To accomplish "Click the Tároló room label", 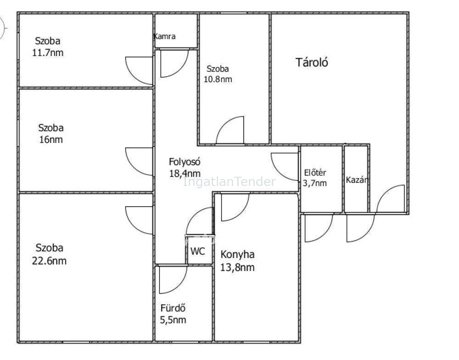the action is (312, 62).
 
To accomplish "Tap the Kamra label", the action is (165, 36).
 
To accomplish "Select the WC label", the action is (197, 251).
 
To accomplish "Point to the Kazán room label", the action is (357, 180).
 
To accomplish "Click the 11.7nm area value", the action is (48, 53).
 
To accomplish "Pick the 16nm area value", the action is (51, 140).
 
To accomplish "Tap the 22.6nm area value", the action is (49, 261).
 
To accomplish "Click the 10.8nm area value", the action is (218, 79).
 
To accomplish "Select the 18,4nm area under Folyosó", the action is (185, 174).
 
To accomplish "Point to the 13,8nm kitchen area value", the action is (237, 267).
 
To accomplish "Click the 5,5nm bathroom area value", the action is (173, 320).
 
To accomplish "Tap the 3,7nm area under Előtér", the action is (315, 183).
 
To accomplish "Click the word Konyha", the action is (237, 254).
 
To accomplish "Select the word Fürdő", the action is (173, 308).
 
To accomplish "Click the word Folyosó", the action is (185, 162).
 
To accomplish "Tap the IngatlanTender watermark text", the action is (229, 182).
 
